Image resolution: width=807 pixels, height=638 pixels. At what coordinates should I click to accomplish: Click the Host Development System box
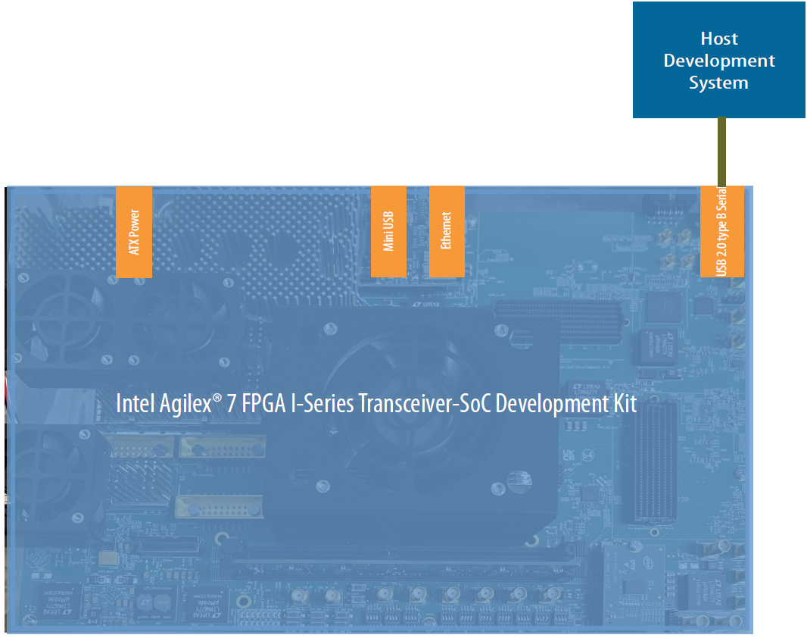pos(718,60)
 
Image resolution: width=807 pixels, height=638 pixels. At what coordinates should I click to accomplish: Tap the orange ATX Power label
pos(134,232)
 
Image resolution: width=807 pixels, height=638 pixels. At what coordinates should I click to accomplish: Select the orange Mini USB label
pos(388,232)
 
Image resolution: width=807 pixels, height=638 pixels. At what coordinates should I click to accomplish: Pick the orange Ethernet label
pos(446,232)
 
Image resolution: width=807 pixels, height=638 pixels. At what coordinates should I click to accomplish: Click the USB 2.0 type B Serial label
pos(722,232)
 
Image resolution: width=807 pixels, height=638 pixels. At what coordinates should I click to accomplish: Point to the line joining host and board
pos(721,152)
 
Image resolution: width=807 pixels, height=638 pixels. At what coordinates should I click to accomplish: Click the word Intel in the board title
pos(135,403)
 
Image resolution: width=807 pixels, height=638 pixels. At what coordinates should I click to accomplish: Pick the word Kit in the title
pos(625,403)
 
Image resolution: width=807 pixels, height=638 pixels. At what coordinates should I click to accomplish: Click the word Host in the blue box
pos(718,39)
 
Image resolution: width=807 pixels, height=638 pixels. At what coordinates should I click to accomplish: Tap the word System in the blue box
pos(718,83)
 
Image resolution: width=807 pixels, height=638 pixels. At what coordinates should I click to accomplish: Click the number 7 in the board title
pos(235,403)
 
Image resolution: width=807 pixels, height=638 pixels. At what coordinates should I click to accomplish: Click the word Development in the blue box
pos(718,61)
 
